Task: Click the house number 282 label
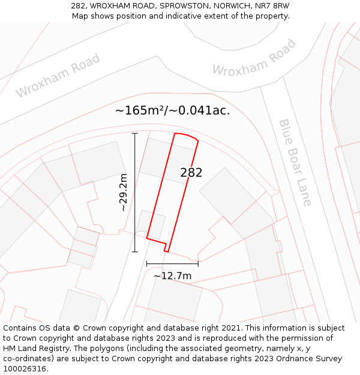tap(191, 173)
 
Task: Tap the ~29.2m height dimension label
tap(123, 193)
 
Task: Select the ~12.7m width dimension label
tap(172, 276)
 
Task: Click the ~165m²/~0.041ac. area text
tap(172, 110)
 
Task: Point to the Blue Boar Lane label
tap(295, 162)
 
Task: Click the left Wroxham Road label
tap(58, 76)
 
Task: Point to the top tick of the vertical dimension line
tap(134, 133)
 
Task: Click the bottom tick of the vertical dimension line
tap(134, 251)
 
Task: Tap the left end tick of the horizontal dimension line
tap(147, 263)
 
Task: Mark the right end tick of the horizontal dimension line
tap(198, 263)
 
